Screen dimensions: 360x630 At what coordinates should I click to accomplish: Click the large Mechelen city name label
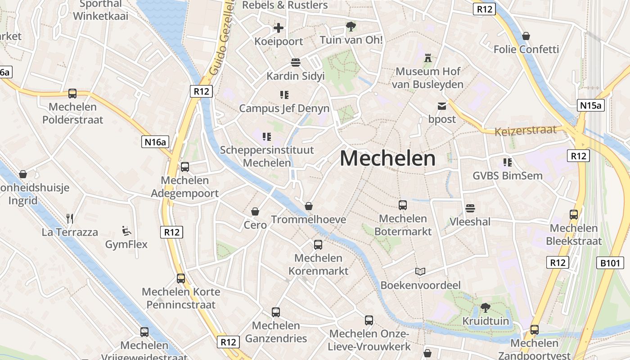pos(387,158)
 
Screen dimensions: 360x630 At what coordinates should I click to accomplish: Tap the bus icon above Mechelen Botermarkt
pos(403,205)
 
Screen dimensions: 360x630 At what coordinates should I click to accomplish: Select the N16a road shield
pos(155,142)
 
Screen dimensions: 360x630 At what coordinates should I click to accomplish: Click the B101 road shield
pos(610,263)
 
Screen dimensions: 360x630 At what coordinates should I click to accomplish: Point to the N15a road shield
pos(590,105)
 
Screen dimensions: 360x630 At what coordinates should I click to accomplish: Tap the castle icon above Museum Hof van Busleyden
pos(427,58)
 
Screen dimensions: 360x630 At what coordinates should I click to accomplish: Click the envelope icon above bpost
pos(442,106)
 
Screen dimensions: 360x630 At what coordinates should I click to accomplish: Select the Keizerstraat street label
pos(525,131)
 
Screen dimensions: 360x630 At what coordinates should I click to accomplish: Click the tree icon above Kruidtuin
pos(485,308)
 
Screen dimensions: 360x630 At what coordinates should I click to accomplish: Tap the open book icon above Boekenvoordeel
pos(420,272)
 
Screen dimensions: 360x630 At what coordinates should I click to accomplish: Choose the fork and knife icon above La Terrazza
pos(70,219)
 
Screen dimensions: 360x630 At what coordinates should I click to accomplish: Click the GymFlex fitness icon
pos(126,231)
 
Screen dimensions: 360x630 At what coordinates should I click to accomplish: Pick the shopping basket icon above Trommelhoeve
pos(309,206)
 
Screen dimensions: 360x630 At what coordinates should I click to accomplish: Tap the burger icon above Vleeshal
pos(470,208)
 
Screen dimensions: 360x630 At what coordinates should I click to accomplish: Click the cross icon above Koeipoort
pos(279,28)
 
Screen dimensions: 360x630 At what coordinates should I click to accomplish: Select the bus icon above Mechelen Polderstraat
pos(72,94)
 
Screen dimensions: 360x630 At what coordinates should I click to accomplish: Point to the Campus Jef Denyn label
pos(284,108)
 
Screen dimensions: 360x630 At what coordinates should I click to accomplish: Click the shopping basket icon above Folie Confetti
pos(526,36)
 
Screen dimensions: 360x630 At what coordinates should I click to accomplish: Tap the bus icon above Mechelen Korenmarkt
pos(318,245)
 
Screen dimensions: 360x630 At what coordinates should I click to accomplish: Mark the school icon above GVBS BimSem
pos(508,162)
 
